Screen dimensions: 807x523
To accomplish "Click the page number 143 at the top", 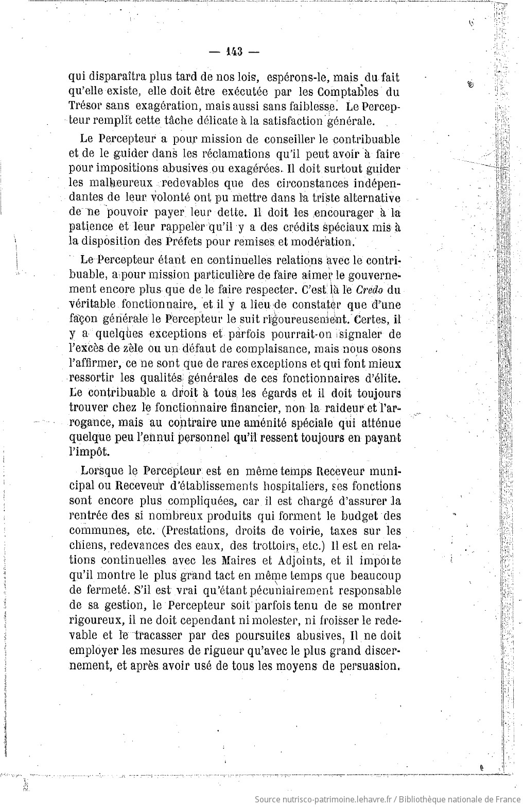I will [x=234, y=52].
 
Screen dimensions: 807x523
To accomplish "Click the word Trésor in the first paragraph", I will [x=85, y=107].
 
